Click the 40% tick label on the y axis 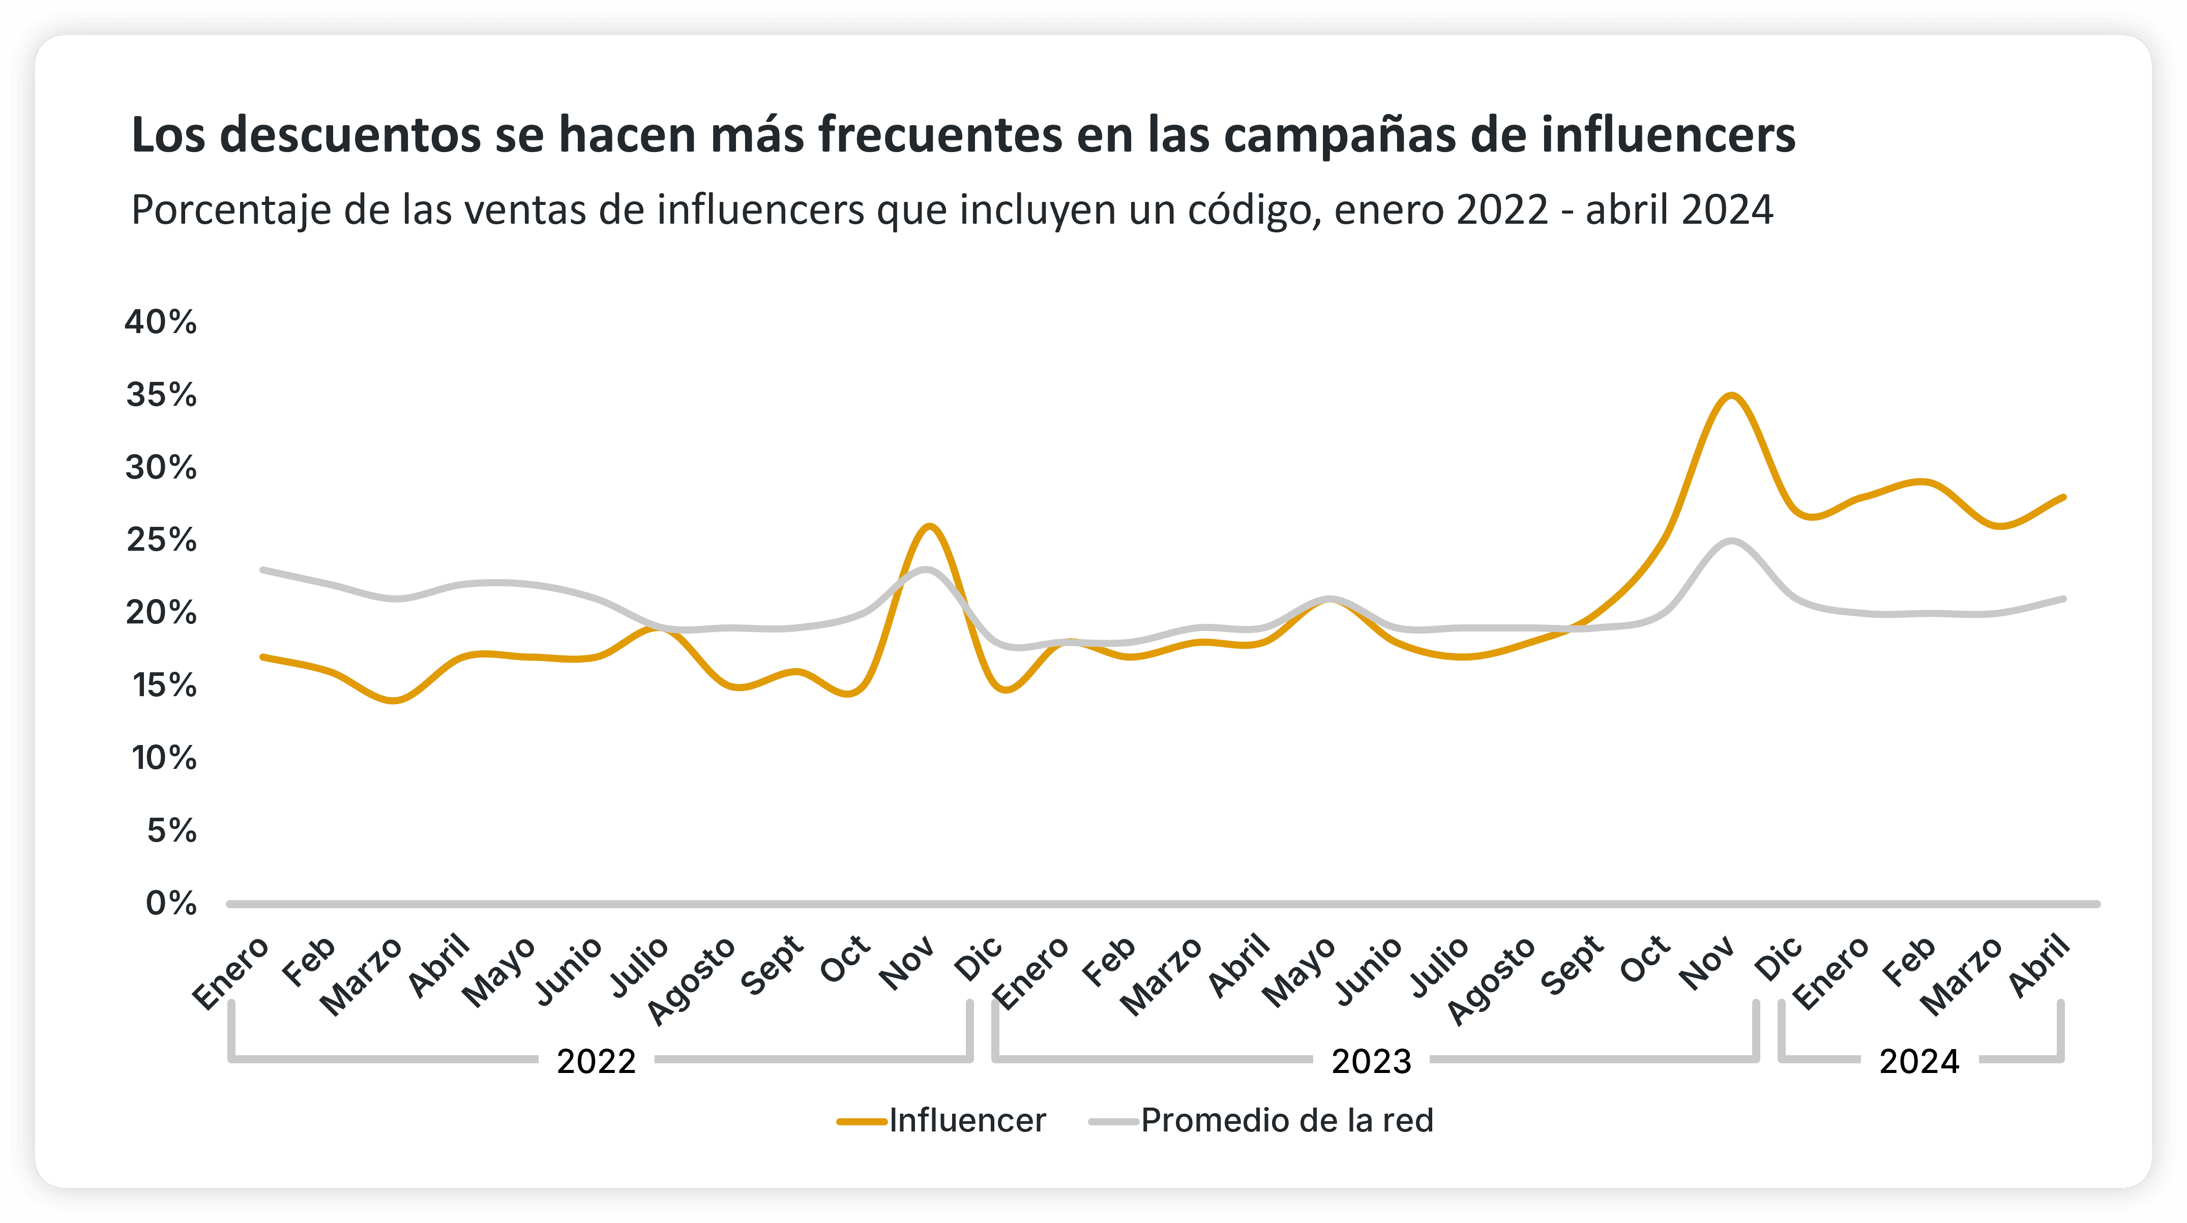pos(160,322)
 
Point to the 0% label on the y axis pos(171,904)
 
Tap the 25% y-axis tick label pos(160,540)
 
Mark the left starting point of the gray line pos(263,570)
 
